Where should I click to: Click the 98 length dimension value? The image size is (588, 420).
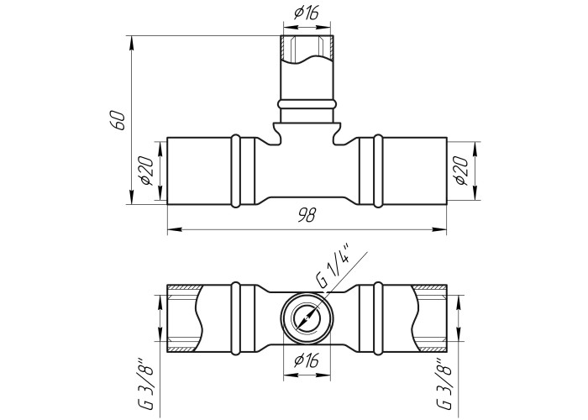tap(307, 214)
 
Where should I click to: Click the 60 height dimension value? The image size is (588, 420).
tap(118, 120)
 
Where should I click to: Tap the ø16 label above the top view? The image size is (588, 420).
tap(307, 13)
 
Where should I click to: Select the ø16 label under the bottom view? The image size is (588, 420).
tap(307, 360)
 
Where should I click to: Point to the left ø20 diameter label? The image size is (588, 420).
tap(146, 171)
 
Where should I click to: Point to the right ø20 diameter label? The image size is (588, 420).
tap(461, 171)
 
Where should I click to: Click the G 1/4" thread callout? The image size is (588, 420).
tap(333, 265)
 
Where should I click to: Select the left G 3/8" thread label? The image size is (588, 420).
tap(146, 383)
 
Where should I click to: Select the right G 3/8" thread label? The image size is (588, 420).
tap(444, 383)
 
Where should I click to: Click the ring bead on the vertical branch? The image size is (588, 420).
tap(307, 104)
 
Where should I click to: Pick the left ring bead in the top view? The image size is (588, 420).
tap(235, 171)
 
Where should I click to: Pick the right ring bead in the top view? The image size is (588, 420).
tap(378, 171)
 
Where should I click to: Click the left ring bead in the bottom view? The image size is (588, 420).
tap(235, 318)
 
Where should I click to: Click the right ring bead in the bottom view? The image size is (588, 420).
tap(378, 318)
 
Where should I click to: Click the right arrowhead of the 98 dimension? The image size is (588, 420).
tap(439, 229)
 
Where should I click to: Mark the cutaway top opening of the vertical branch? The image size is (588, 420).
tap(307, 49)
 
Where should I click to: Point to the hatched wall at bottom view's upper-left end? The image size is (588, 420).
tap(184, 287)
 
